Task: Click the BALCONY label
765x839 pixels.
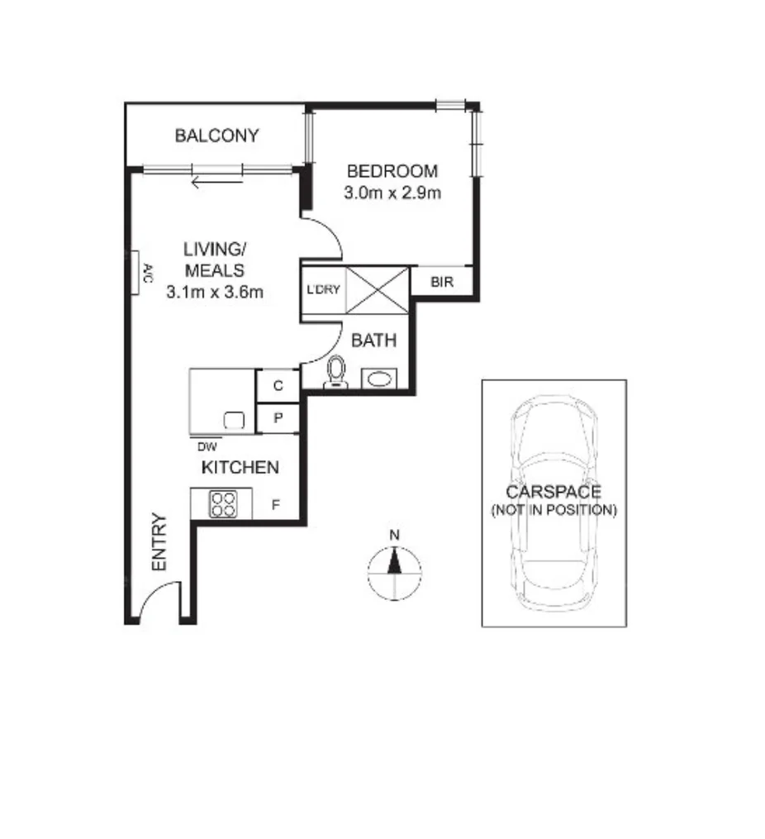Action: [217, 136]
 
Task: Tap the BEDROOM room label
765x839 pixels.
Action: [392, 172]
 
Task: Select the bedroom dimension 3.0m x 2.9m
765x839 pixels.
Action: [392, 193]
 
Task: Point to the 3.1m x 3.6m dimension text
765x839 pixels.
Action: [215, 291]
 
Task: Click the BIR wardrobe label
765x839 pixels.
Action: [443, 282]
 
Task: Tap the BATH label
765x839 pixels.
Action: [374, 340]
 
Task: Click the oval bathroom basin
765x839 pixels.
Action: [381, 379]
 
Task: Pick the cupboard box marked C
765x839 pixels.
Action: [278, 385]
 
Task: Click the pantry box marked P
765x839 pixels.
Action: [278, 417]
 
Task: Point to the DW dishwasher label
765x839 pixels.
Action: [203, 446]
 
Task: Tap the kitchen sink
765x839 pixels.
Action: [234, 419]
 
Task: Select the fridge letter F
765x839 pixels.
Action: [276, 503]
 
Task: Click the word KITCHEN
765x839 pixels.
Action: [240, 468]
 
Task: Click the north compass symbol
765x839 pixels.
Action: [394, 565]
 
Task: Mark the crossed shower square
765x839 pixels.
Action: [376, 289]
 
